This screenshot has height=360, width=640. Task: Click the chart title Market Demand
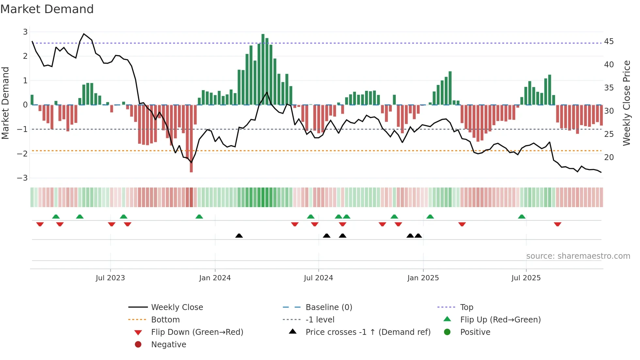(47, 9)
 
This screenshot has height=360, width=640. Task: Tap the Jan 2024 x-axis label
(215, 278)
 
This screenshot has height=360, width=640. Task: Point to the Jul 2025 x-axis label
(526, 278)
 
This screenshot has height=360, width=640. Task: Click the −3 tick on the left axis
(23, 178)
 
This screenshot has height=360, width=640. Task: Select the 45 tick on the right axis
(609, 41)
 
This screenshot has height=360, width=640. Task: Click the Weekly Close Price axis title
(626, 103)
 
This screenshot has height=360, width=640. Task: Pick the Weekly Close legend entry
(177, 307)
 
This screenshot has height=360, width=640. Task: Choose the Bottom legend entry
(165, 319)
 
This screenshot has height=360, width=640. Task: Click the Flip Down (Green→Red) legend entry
(197, 332)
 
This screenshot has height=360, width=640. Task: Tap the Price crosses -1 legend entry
(368, 332)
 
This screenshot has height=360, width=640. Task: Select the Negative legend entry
(168, 344)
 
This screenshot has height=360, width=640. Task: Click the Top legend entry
(466, 307)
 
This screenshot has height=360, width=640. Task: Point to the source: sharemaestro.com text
(578, 256)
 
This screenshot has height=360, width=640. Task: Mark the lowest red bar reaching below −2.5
(191, 139)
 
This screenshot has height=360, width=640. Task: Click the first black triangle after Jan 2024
(239, 236)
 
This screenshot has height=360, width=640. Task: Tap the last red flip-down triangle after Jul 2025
(557, 224)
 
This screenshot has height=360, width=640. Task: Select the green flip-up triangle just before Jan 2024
(199, 217)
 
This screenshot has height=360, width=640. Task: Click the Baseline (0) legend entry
(328, 307)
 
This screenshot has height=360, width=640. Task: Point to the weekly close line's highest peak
(84, 34)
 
